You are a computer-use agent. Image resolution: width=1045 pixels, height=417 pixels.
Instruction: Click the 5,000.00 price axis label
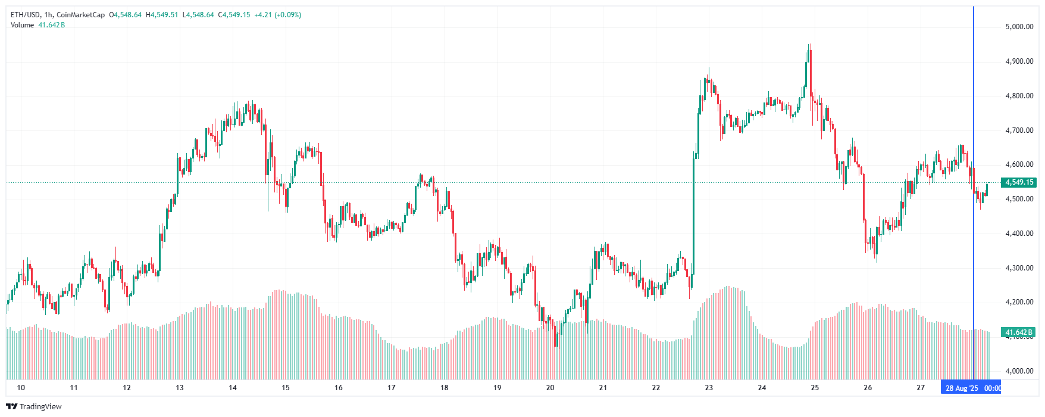pyautogui.click(x=1019, y=27)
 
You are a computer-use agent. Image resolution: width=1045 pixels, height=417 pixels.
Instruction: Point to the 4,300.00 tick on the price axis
pyautogui.click(x=1019, y=268)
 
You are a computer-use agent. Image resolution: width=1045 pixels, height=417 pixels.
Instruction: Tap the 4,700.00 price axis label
pyautogui.click(x=1019, y=130)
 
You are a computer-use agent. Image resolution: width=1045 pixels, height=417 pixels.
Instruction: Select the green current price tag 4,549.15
pyautogui.click(x=1019, y=182)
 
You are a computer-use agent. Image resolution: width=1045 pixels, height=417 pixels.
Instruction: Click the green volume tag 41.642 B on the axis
pyautogui.click(x=1019, y=332)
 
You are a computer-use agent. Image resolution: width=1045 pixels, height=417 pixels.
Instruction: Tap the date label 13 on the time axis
pyautogui.click(x=180, y=388)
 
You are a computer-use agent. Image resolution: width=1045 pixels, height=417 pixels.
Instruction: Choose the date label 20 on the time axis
pyautogui.click(x=550, y=388)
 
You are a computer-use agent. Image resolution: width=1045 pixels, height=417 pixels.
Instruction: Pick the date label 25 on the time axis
pyautogui.click(x=815, y=388)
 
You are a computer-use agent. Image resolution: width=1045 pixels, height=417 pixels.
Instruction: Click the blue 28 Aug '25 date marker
pyautogui.click(x=962, y=388)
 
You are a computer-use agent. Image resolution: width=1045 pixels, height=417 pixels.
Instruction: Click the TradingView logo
pyautogui.click(x=34, y=406)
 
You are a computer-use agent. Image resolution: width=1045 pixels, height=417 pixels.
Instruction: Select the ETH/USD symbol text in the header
pyautogui.click(x=26, y=15)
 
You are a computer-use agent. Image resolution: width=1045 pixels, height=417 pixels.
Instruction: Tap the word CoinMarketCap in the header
pyautogui.click(x=80, y=15)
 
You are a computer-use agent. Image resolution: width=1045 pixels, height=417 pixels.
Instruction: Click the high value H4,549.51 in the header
pyautogui.click(x=162, y=15)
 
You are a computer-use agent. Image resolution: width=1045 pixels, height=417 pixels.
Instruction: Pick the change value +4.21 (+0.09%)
pyautogui.click(x=277, y=15)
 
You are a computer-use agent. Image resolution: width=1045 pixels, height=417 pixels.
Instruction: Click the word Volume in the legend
pyautogui.click(x=23, y=25)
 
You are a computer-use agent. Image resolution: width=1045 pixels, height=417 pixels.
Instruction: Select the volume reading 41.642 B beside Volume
pyautogui.click(x=51, y=25)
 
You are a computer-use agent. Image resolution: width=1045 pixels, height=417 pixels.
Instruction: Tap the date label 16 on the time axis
pyautogui.click(x=339, y=388)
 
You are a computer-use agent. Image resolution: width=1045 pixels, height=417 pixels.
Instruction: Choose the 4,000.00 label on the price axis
pyautogui.click(x=1019, y=371)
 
